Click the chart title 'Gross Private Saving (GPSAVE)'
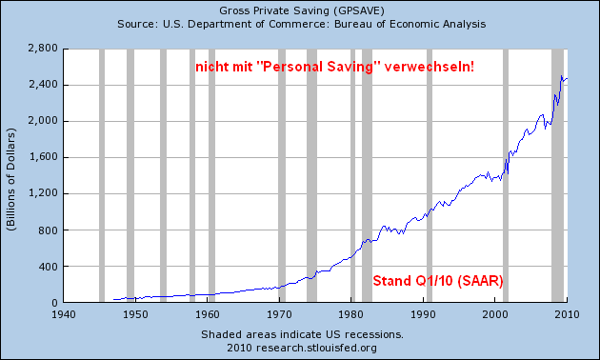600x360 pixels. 300,9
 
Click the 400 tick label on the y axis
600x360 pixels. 47,266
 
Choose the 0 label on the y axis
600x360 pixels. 53,302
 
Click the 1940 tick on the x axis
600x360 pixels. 63,312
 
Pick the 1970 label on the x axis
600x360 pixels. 279,312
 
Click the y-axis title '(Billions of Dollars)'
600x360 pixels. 12,177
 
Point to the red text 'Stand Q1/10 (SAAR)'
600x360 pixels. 436,281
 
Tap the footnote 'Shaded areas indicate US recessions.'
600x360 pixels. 302,334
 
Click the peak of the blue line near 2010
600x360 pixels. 563,76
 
